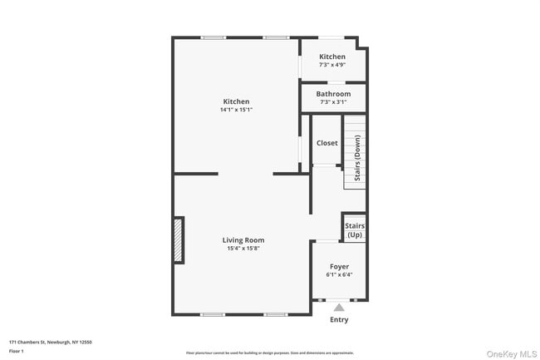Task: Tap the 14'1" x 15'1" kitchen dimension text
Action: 236,110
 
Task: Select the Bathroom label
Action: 333,94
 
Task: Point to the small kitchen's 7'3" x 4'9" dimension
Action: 332,65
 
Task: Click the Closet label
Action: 327,143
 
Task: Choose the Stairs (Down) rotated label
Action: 357,158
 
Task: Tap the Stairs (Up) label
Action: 355,229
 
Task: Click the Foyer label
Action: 339,266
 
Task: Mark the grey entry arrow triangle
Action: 339,308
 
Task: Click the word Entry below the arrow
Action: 339,320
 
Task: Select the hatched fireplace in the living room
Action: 178,240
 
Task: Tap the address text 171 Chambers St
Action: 50,341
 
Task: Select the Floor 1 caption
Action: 17,351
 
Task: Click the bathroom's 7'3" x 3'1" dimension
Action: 333,102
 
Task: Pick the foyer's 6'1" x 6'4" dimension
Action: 339,274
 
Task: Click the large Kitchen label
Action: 236,101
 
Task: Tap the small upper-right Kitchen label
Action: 332,57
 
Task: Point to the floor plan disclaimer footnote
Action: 270,353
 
